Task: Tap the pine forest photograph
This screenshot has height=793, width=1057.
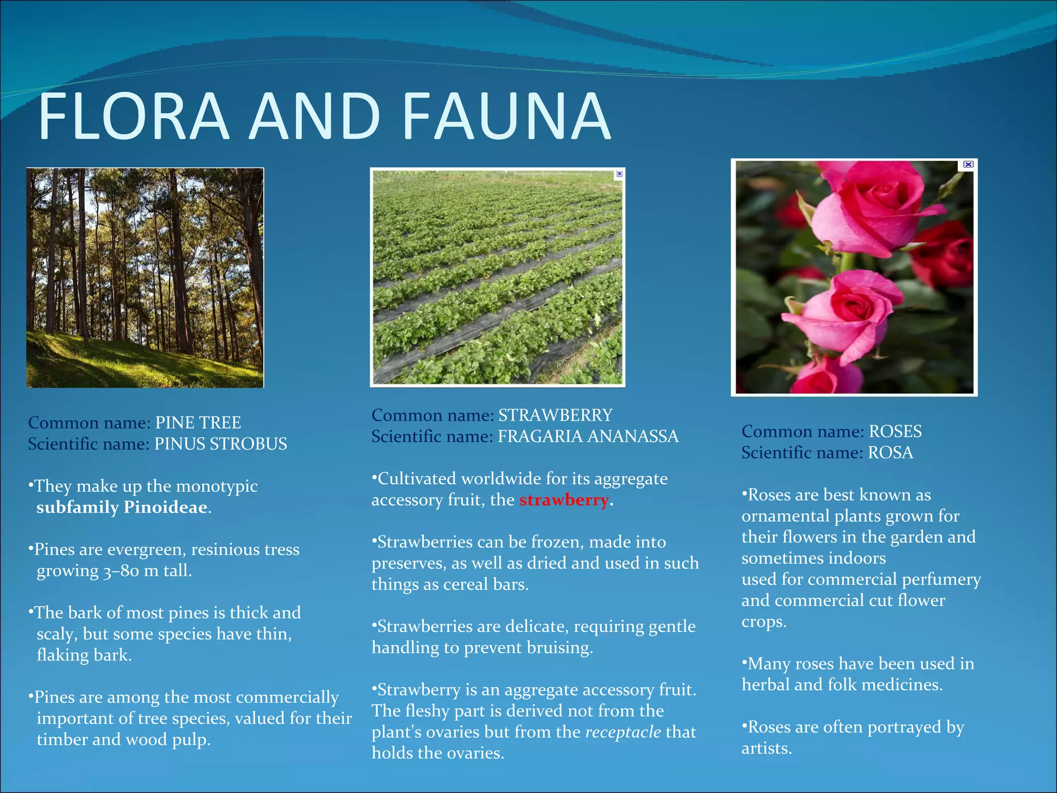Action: point(145,278)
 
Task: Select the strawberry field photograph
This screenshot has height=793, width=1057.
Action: point(497,278)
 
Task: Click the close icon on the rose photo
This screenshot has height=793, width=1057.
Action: point(968,165)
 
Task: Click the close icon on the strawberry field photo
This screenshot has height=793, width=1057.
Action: point(619,174)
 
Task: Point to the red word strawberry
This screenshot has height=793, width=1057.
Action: point(564,500)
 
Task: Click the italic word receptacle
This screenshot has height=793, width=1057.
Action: point(623,732)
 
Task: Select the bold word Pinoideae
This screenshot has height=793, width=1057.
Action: point(165,507)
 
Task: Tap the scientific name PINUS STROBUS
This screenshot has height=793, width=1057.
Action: point(221,444)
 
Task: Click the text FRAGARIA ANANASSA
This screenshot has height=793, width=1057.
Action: point(588,437)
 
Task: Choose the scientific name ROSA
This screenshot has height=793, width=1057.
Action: point(890,453)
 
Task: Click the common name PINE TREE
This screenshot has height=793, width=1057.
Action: point(198,423)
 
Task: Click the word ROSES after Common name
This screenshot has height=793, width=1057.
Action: point(895,432)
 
